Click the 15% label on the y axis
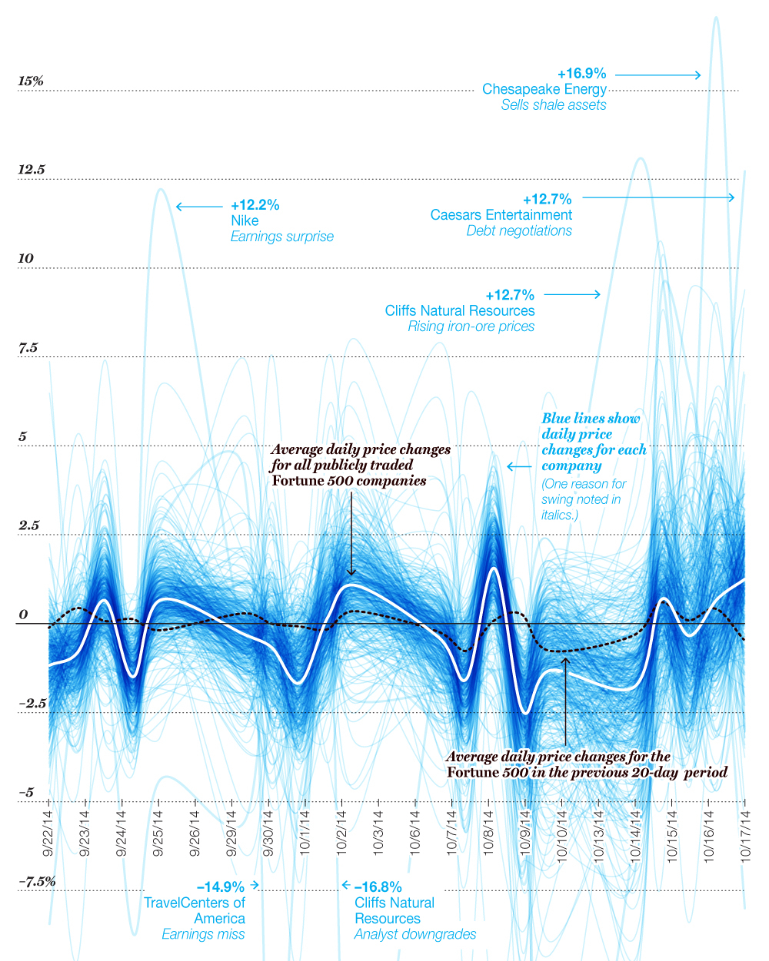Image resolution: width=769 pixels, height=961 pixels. click(x=31, y=81)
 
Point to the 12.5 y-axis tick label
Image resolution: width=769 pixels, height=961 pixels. click(x=32, y=170)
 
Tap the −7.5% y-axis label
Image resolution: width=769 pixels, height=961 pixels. click(x=37, y=881)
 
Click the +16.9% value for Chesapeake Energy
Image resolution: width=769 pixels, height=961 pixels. click(x=581, y=74)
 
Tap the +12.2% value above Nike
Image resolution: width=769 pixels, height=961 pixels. click(x=255, y=205)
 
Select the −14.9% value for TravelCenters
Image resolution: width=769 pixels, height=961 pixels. click(x=220, y=887)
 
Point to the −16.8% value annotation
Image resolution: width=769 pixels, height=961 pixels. click(x=378, y=887)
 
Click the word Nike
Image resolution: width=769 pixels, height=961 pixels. click(x=245, y=220)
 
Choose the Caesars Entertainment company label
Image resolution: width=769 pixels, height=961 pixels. click(x=501, y=215)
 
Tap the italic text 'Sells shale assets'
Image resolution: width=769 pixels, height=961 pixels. click(x=553, y=105)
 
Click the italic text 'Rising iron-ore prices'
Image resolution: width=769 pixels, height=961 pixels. click(x=471, y=326)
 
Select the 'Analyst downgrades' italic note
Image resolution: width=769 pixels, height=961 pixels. click(x=414, y=934)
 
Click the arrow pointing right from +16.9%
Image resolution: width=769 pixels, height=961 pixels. click(x=657, y=75)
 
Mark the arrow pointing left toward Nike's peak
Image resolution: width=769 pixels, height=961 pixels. click(x=198, y=207)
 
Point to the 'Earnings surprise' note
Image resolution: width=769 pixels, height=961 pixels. click(x=281, y=237)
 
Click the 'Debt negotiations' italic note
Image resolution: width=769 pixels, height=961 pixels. click(x=519, y=230)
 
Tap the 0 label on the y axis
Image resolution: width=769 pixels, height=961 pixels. click(x=23, y=615)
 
